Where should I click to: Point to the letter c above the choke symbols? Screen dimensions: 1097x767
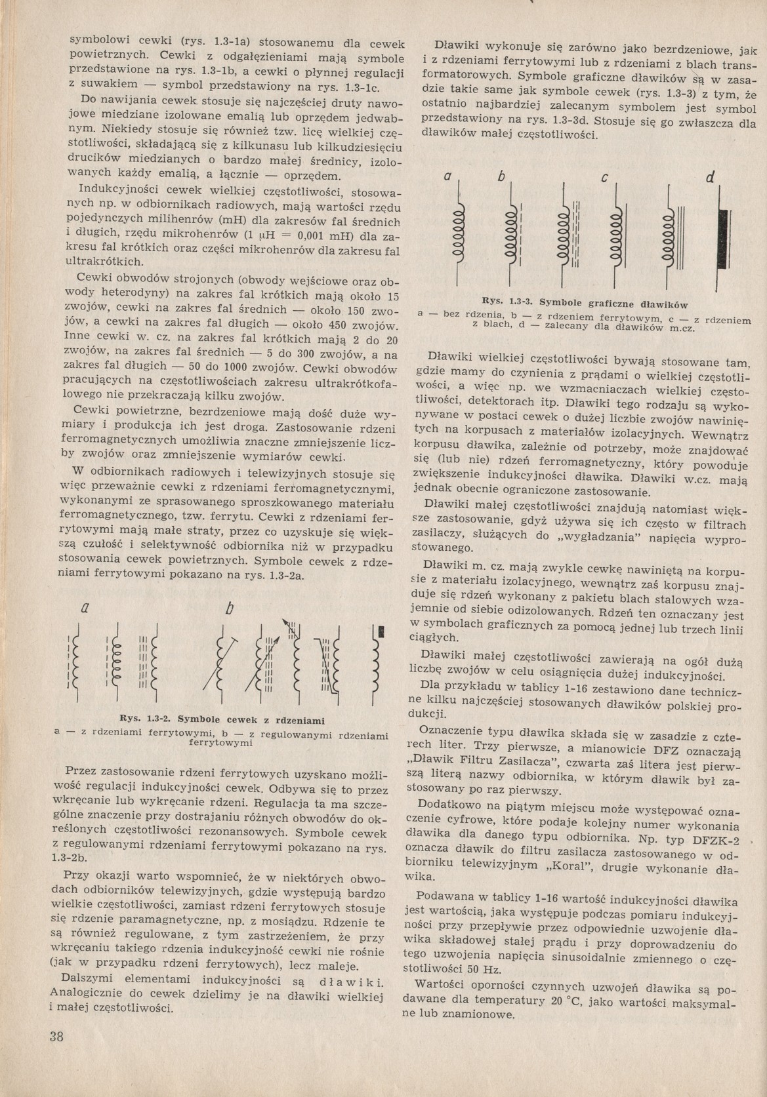point(604,178)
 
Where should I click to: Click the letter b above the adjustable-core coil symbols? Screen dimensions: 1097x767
point(228,609)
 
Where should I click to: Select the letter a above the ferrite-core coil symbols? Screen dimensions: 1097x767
point(84,608)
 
